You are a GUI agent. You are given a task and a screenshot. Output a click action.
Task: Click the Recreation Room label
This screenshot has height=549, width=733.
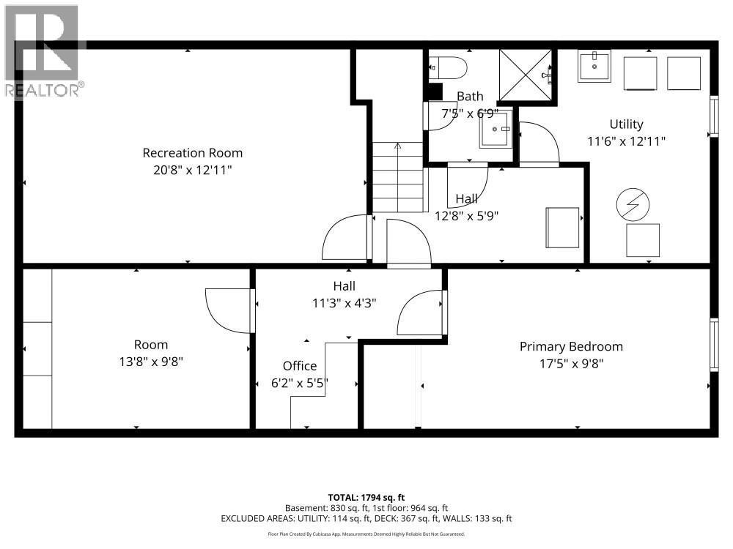tap(192, 153)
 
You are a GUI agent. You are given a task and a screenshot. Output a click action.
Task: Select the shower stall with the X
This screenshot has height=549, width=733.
tap(526, 74)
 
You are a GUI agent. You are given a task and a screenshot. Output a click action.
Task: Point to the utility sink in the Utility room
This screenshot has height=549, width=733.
tap(594, 67)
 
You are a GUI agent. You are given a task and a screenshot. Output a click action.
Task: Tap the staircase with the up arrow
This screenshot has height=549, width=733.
tap(398, 177)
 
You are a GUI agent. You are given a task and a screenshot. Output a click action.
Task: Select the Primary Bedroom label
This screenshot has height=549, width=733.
tap(571, 346)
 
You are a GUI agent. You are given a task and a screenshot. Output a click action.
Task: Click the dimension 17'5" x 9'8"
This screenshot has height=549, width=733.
tap(571, 362)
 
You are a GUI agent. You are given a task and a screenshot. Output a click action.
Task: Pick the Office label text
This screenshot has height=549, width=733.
tap(300, 366)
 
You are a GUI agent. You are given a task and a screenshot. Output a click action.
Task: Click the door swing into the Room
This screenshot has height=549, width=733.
tap(229, 310)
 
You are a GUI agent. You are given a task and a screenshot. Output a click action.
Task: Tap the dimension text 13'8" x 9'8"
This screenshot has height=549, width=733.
tap(150, 361)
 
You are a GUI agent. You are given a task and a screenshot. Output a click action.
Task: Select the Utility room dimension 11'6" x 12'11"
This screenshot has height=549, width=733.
tap(626, 141)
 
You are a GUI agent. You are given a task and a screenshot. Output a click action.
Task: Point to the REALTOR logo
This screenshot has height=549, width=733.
tap(42, 51)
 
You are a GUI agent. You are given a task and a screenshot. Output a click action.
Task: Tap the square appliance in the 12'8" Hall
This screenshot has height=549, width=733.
tap(563, 227)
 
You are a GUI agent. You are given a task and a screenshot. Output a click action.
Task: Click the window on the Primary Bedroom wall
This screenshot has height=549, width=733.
tap(713, 344)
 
